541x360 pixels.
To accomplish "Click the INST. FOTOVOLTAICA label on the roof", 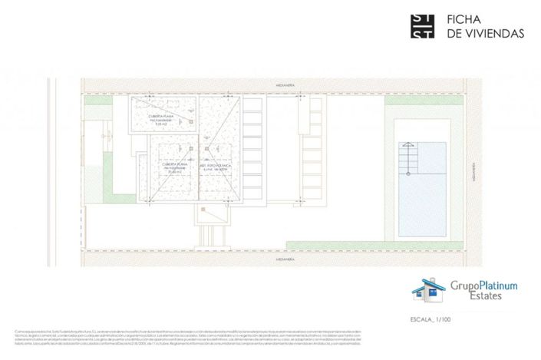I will (219, 167).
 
